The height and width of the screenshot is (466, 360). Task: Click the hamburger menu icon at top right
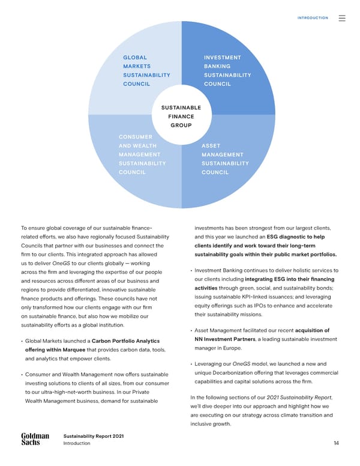(x=342, y=18)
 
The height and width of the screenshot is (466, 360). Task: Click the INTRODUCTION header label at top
(x=313, y=18)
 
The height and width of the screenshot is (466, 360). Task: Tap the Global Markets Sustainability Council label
(x=146, y=71)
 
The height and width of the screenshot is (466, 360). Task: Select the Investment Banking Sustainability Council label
(x=227, y=71)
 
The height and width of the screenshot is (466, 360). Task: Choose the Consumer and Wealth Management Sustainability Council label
(x=142, y=154)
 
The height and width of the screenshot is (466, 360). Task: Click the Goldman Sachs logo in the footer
(x=35, y=439)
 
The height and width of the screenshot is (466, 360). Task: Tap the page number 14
(x=337, y=443)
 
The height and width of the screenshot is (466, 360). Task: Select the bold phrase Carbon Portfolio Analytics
(x=125, y=341)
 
